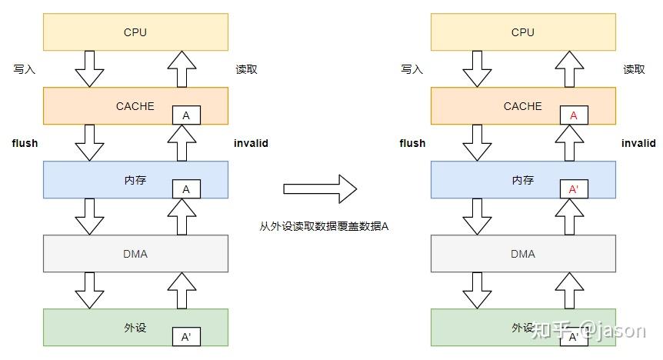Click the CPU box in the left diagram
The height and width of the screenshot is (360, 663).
[135, 32]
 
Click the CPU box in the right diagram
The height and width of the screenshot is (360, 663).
[523, 32]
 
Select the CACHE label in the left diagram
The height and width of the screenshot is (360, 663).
[135, 106]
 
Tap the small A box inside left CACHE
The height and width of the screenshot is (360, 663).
[186, 115]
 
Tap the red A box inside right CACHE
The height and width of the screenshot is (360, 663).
[574, 115]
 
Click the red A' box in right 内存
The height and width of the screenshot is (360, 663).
[574, 189]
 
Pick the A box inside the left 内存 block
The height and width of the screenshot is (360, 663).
[186, 189]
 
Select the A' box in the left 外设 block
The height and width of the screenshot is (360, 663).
[186, 337]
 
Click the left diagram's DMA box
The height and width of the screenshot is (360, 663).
[135, 254]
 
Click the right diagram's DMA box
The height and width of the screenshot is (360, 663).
[523, 254]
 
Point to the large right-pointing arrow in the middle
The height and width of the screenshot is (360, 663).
[320, 188]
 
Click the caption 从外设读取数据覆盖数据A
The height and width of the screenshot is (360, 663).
[325, 226]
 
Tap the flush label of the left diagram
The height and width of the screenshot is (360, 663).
[25, 143]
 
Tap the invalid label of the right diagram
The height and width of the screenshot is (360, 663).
[638, 143]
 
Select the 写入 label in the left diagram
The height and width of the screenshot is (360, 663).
[25, 69]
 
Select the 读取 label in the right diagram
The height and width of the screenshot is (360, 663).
[634, 69]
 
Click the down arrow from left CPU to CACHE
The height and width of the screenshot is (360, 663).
[89, 69]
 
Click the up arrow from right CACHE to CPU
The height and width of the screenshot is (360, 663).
[569, 68]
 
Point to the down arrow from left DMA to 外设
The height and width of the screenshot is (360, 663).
[89, 291]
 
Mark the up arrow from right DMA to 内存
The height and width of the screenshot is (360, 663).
[569, 217]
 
